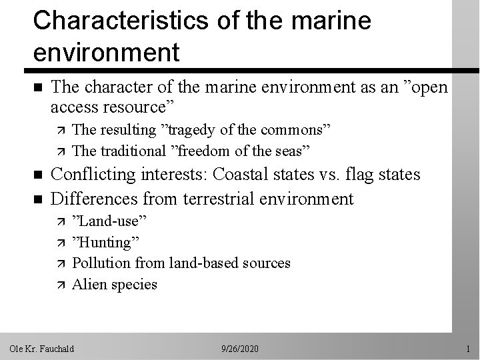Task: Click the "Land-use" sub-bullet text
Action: pyautogui.click(x=109, y=221)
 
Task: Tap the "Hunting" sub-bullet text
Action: pyautogui.click(x=106, y=242)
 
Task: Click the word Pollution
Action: pyautogui.click(x=100, y=263)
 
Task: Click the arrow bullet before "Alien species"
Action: pyautogui.click(x=57, y=285)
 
